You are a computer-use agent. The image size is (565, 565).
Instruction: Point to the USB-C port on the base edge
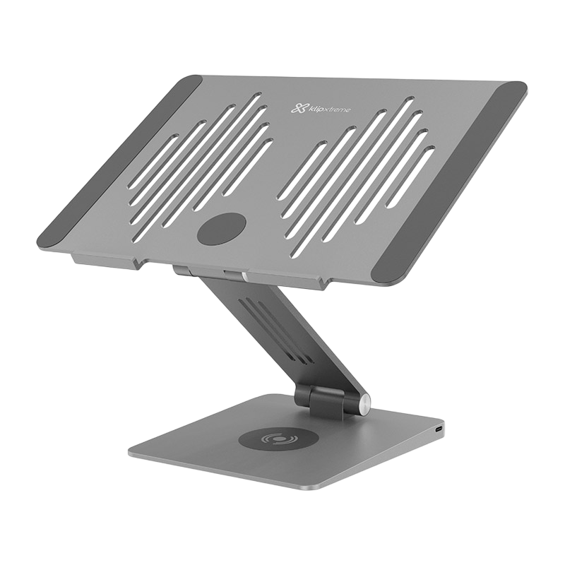(x=440, y=429)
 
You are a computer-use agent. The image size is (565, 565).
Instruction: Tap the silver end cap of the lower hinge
(x=365, y=405)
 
